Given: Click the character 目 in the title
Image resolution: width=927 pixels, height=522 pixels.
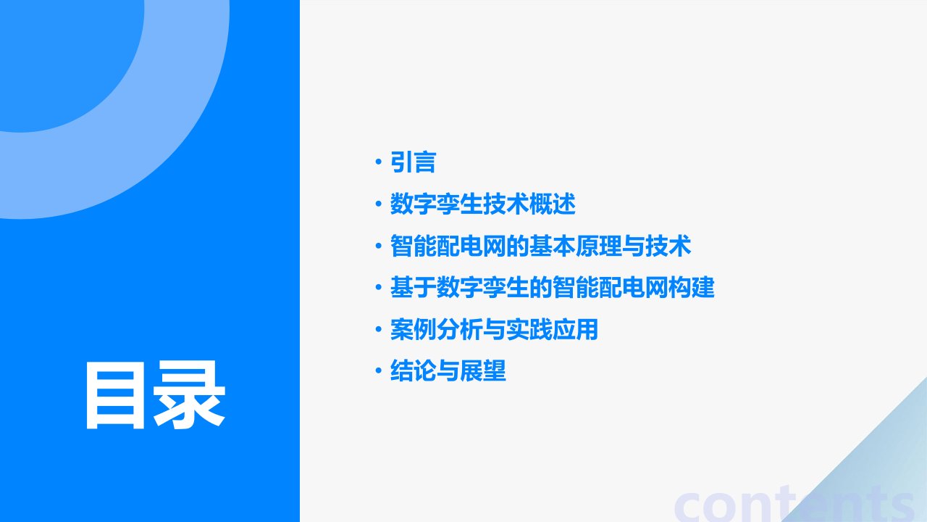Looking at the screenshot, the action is point(114,395).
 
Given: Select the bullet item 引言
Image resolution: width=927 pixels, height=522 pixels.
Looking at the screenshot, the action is point(413,162).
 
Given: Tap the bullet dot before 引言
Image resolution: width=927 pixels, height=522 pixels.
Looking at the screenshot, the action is point(378,162).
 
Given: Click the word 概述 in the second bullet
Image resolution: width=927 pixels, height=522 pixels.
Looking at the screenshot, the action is point(553,204).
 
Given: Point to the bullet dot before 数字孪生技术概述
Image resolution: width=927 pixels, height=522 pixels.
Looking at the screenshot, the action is point(378,204).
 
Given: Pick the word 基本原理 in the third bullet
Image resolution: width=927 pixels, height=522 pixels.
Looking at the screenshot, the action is point(576,246).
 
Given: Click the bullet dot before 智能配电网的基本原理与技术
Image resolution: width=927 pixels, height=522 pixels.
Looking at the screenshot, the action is point(378,246).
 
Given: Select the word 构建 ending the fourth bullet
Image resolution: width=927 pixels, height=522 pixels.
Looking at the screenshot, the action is point(692,287).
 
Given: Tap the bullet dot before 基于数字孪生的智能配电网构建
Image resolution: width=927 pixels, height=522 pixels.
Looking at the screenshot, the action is point(378,287).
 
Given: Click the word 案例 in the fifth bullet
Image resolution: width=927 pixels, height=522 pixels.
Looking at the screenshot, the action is point(413,329).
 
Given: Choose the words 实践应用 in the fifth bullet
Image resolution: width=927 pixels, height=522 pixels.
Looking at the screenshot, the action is point(552,329).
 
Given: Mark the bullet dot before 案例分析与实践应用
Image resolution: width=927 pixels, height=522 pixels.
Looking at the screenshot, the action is point(378,329).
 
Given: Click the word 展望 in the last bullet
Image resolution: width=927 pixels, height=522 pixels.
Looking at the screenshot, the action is point(483,370).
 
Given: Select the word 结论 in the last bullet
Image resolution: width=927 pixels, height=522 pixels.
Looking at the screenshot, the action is point(413,370).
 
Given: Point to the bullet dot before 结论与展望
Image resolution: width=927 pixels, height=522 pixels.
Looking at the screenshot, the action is point(378,370).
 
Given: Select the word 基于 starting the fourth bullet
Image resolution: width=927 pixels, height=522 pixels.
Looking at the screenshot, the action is point(413,287).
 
